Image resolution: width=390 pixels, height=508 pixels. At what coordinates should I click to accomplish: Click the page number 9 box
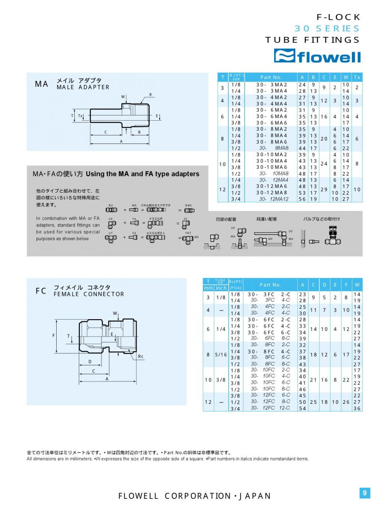(x=364, y=493)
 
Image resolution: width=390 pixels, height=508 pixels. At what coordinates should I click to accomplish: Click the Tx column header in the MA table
(x=357, y=77)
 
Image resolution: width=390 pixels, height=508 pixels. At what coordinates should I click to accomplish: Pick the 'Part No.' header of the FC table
(x=270, y=285)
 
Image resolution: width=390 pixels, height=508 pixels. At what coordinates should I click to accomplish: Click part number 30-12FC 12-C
(x=270, y=408)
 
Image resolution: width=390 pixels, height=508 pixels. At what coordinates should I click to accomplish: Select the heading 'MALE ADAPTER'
(x=83, y=87)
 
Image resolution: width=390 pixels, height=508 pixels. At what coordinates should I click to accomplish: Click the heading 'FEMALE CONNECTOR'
(x=89, y=294)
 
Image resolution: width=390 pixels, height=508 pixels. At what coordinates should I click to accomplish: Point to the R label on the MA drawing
(x=150, y=94)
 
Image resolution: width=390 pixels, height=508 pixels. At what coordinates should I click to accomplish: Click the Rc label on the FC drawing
(x=140, y=356)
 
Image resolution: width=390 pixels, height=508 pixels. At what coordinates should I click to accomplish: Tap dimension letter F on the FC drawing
(x=54, y=335)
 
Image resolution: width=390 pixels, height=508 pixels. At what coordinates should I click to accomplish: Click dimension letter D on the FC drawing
(x=90, y=362)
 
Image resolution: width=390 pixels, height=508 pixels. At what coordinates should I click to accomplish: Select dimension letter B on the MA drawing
(x=139, y=132)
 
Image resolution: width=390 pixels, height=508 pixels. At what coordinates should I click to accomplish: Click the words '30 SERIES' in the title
(x=327, y=28)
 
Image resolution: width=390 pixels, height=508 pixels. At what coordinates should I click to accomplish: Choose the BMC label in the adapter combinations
(x=189, y=205)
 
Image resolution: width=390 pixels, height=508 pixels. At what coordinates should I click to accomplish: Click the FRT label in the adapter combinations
(x=188, y=233)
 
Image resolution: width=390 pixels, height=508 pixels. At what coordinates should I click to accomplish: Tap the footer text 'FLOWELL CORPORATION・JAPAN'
(x=195, y=496)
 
